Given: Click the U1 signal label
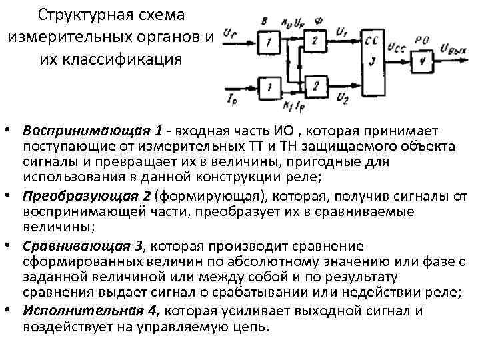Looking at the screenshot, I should coord(342,29).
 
